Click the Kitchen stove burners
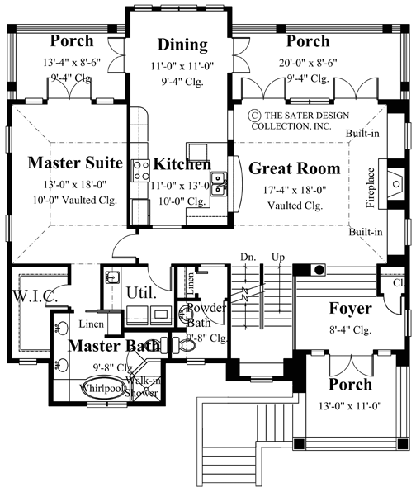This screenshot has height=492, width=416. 139,170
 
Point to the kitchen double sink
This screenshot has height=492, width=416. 219,182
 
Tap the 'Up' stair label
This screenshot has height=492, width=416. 277,258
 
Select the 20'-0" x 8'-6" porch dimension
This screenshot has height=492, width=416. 307,61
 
